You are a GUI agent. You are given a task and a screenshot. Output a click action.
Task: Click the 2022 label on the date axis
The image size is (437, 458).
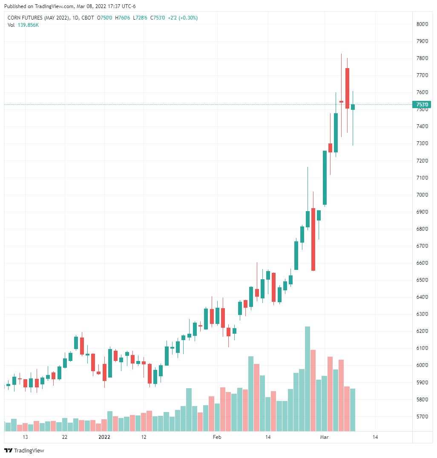point(104,437)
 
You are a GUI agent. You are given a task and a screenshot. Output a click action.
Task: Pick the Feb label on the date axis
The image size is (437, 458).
point(217,437)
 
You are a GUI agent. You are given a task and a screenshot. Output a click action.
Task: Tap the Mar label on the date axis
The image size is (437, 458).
point(325,437)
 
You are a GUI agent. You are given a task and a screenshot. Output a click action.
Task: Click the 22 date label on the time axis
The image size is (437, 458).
point(65,437)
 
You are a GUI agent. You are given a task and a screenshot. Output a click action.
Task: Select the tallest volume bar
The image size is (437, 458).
point(308,379)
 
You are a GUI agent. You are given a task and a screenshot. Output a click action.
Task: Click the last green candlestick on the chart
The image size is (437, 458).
point(353,107)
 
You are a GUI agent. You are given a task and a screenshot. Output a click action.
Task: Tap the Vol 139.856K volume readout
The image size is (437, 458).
point(23,25)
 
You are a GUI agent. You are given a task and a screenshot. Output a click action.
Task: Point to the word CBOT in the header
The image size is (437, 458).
point(88,18)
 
